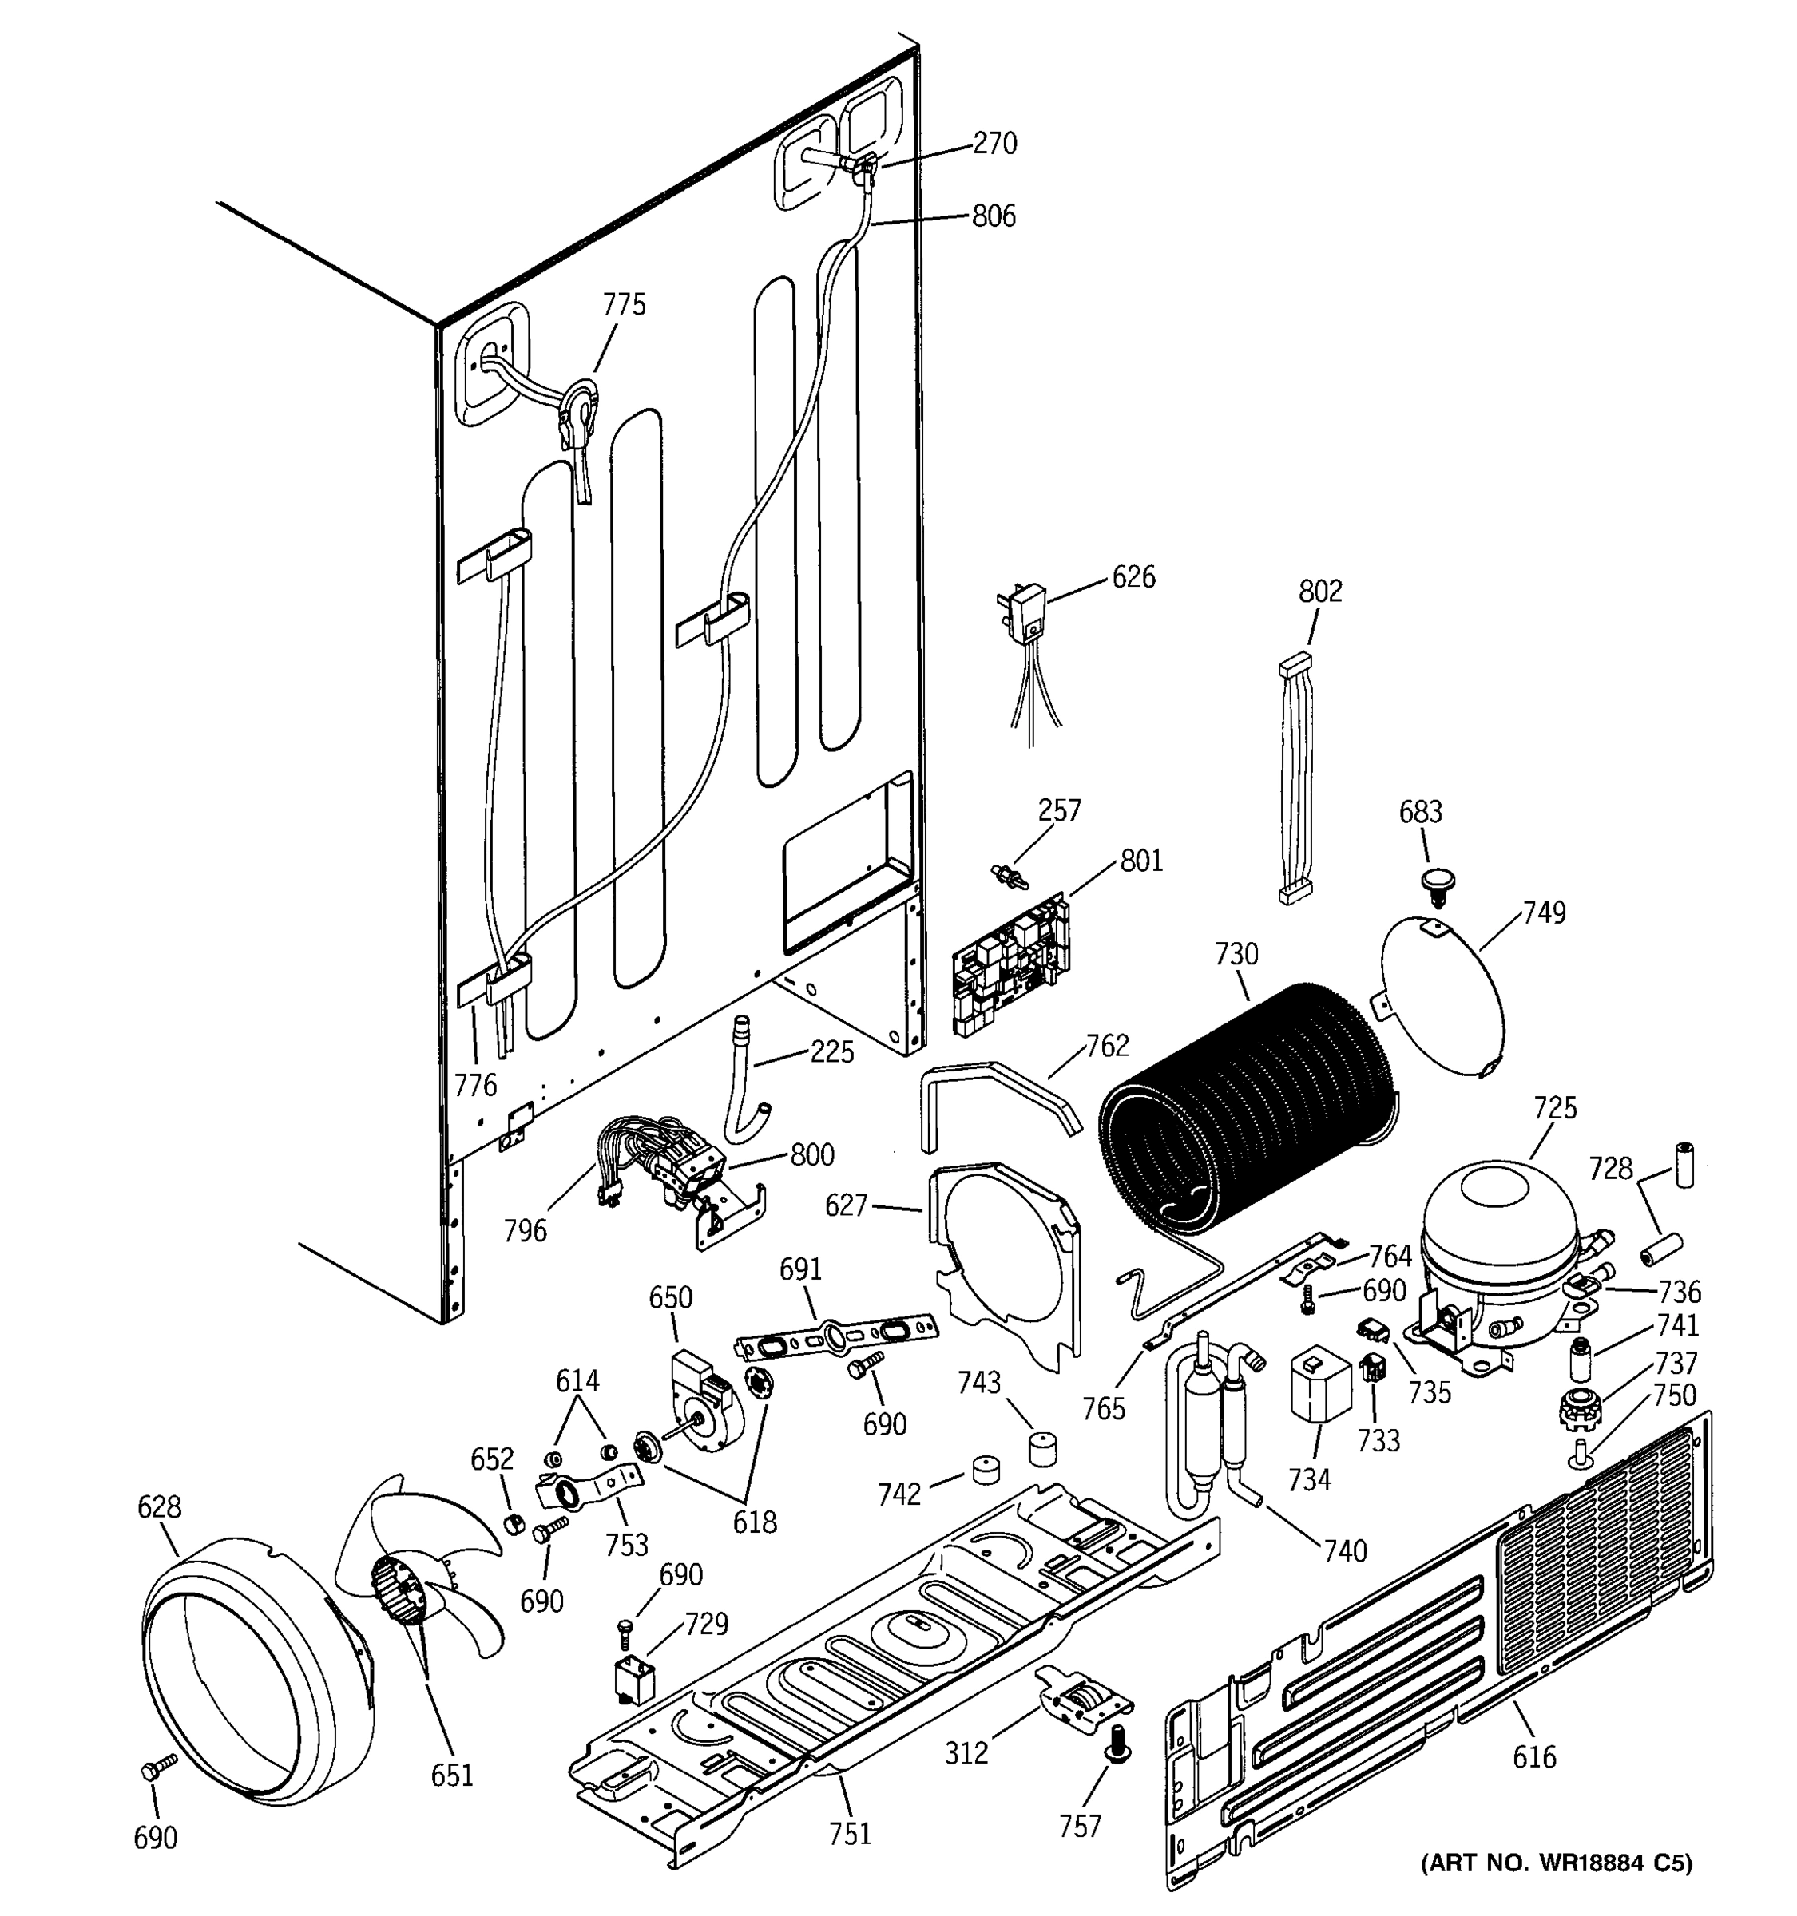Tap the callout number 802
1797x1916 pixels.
tap(1319, 591)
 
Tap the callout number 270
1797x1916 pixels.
tap(995, 144)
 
